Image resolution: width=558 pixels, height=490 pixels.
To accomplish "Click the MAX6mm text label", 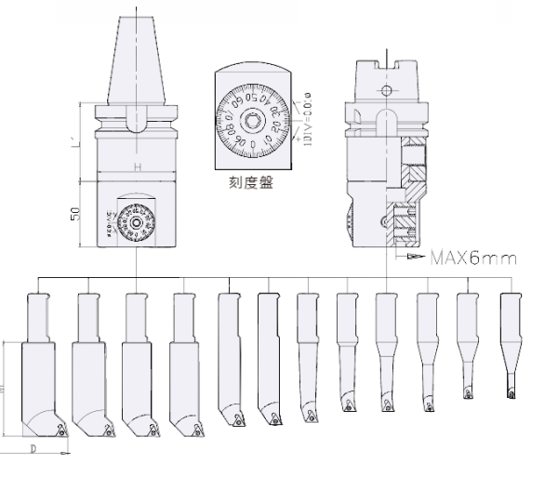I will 472,256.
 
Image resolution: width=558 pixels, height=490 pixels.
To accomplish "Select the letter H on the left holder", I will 137,166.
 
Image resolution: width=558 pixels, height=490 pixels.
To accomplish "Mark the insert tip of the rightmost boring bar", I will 510,392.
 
